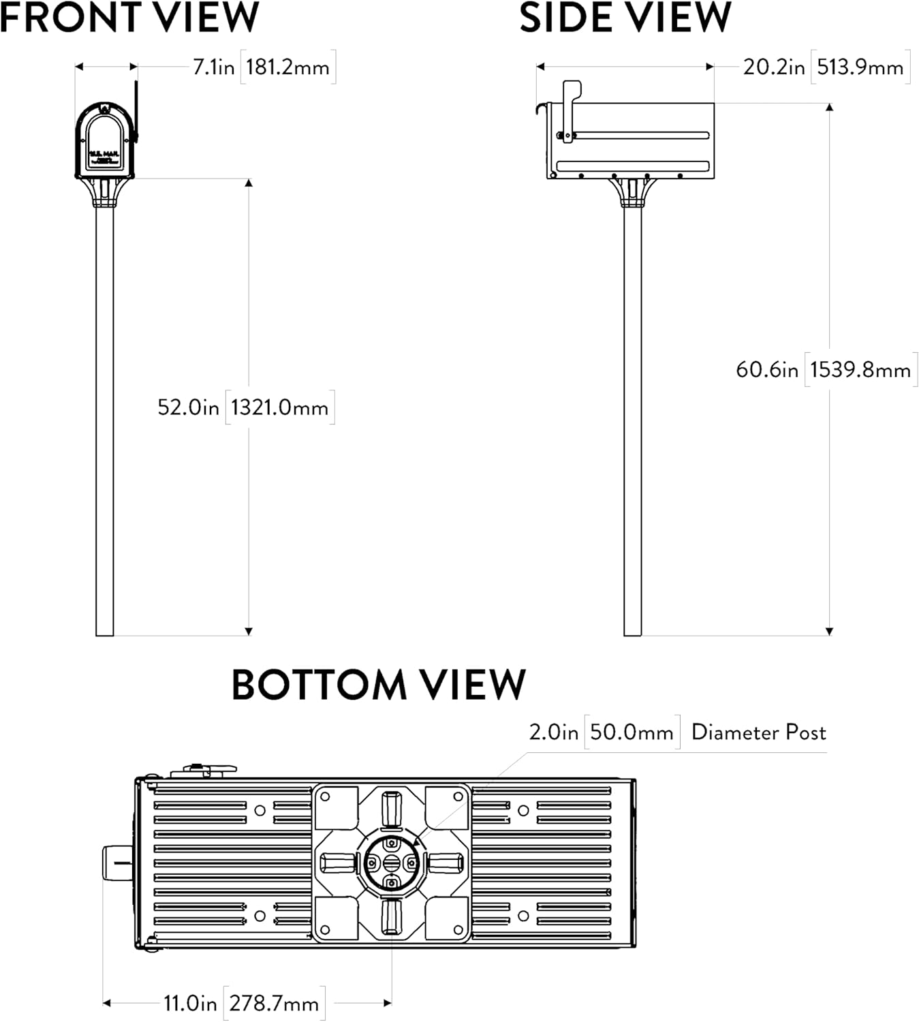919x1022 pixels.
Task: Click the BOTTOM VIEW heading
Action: click(379, 684)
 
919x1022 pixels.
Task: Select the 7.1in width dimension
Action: click(213, 67)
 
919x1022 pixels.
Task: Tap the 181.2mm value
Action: click(287, 67)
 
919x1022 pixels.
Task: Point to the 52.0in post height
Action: click(188, 407)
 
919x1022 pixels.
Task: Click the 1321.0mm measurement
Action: click(279, 407)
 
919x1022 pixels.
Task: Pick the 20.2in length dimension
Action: click(773, 67)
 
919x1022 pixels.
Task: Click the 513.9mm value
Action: click(860, 67)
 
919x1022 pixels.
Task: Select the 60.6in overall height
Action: click(766, 370)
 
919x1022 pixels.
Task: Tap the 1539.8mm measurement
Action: click(860, 370)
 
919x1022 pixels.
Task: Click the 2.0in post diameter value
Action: click(553, 732)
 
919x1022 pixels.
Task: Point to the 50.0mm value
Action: click(632, 732)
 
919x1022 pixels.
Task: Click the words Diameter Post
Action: click(758, 732)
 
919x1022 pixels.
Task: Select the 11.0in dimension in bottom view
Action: click(190, 1004)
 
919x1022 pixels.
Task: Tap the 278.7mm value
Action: click(274, 1004)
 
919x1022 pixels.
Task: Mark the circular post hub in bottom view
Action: click(391, 863)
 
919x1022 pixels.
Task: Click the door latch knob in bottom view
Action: click(116, 863)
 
